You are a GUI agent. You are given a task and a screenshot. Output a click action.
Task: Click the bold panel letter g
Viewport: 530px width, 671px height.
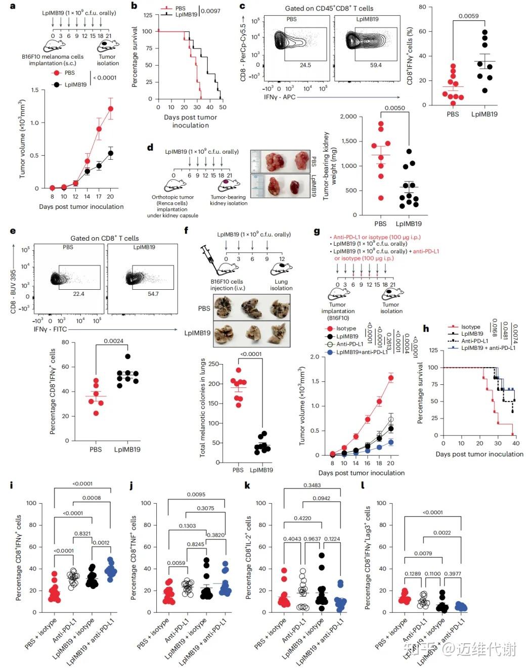click(317, 232)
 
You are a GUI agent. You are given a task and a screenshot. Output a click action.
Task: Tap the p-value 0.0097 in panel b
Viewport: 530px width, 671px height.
click(210, 11)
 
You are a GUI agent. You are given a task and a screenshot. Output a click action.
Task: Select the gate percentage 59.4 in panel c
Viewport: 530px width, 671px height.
click(376, 65)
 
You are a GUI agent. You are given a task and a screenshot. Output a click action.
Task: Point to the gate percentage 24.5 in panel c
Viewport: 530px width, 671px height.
click(305, 65)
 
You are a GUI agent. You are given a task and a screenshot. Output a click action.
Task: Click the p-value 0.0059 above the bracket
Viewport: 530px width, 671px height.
click(468, 16)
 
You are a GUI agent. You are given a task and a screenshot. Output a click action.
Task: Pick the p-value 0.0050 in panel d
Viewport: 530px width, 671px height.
click(394, 108)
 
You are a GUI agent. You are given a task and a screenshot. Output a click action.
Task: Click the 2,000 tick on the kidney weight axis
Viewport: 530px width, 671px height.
click(348, 117)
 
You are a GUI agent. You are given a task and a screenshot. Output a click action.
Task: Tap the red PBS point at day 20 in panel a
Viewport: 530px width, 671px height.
click(111, 109)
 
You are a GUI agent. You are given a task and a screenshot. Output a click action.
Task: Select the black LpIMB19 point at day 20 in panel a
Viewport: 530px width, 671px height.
click(111, 153)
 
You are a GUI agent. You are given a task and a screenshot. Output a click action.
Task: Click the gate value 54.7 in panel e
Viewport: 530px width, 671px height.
click(153, 294)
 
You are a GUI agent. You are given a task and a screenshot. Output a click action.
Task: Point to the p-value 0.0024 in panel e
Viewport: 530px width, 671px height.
click(113, 341)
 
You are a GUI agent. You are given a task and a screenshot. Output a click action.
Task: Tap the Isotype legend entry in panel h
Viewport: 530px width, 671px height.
click(470, 327)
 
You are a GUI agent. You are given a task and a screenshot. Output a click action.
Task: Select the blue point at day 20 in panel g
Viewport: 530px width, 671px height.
click(390, 442)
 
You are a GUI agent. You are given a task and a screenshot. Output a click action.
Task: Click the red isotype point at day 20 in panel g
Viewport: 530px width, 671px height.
click(390, 378)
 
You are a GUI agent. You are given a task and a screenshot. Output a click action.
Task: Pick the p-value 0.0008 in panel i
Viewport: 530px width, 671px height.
click(92, 498)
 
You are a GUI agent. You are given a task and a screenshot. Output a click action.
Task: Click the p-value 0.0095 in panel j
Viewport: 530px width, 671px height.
click(196, 495)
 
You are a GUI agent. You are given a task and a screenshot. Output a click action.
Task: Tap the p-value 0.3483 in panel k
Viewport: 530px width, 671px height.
click(312, 485)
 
